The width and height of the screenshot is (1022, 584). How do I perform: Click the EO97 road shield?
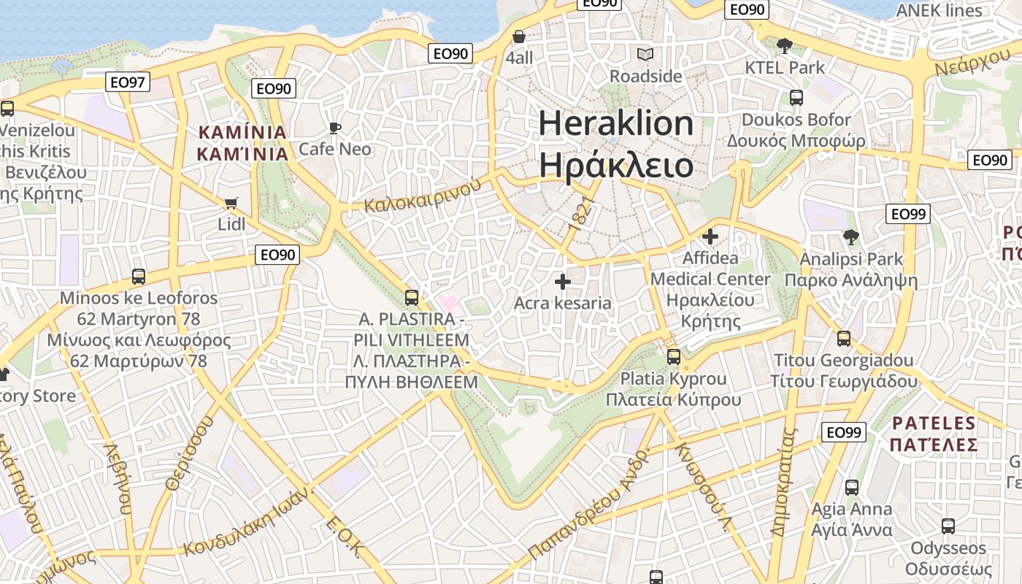128,82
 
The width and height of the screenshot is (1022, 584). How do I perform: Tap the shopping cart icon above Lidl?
231,203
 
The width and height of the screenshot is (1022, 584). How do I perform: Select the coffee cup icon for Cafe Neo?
335,128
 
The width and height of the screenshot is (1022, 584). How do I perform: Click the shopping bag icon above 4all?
519,36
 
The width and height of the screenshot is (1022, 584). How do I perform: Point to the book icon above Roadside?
645,55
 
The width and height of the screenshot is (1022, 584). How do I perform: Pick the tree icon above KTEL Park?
785,46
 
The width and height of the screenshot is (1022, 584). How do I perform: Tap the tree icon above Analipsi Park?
850,237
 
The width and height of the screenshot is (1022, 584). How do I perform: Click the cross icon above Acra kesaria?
562,281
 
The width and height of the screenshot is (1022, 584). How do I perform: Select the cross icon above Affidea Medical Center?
710,237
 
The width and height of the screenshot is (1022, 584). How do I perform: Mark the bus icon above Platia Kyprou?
673,357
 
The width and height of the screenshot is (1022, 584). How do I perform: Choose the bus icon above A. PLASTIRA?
412,298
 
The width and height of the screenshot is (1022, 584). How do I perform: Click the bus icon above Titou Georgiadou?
844,339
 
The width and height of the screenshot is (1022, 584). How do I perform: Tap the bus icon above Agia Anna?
851,488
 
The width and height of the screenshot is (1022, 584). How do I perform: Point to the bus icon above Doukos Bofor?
796,98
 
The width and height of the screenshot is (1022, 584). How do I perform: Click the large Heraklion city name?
616,123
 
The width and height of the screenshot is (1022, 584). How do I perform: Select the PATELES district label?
934,423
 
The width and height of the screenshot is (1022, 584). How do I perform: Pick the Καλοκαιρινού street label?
423,193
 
